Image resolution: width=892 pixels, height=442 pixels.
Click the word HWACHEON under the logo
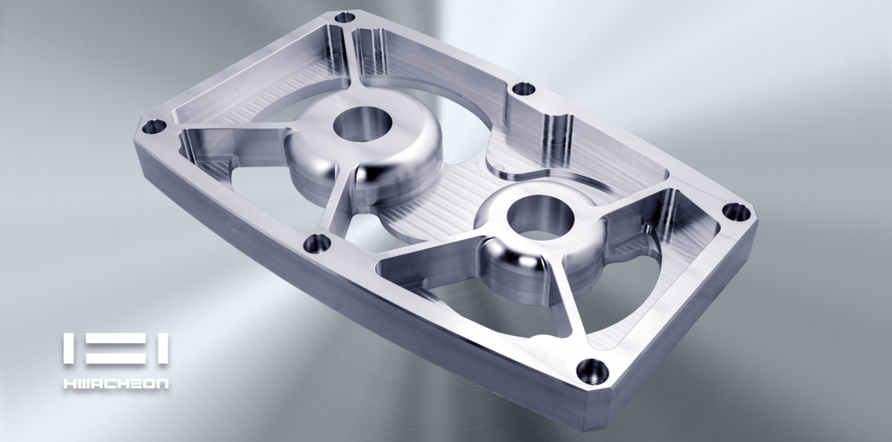click(115, 384)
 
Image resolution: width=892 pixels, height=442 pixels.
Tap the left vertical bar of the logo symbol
click(67, 350)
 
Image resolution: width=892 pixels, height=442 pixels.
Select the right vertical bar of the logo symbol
click(163, 350)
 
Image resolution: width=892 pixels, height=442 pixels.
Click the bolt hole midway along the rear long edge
click(523, 89)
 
